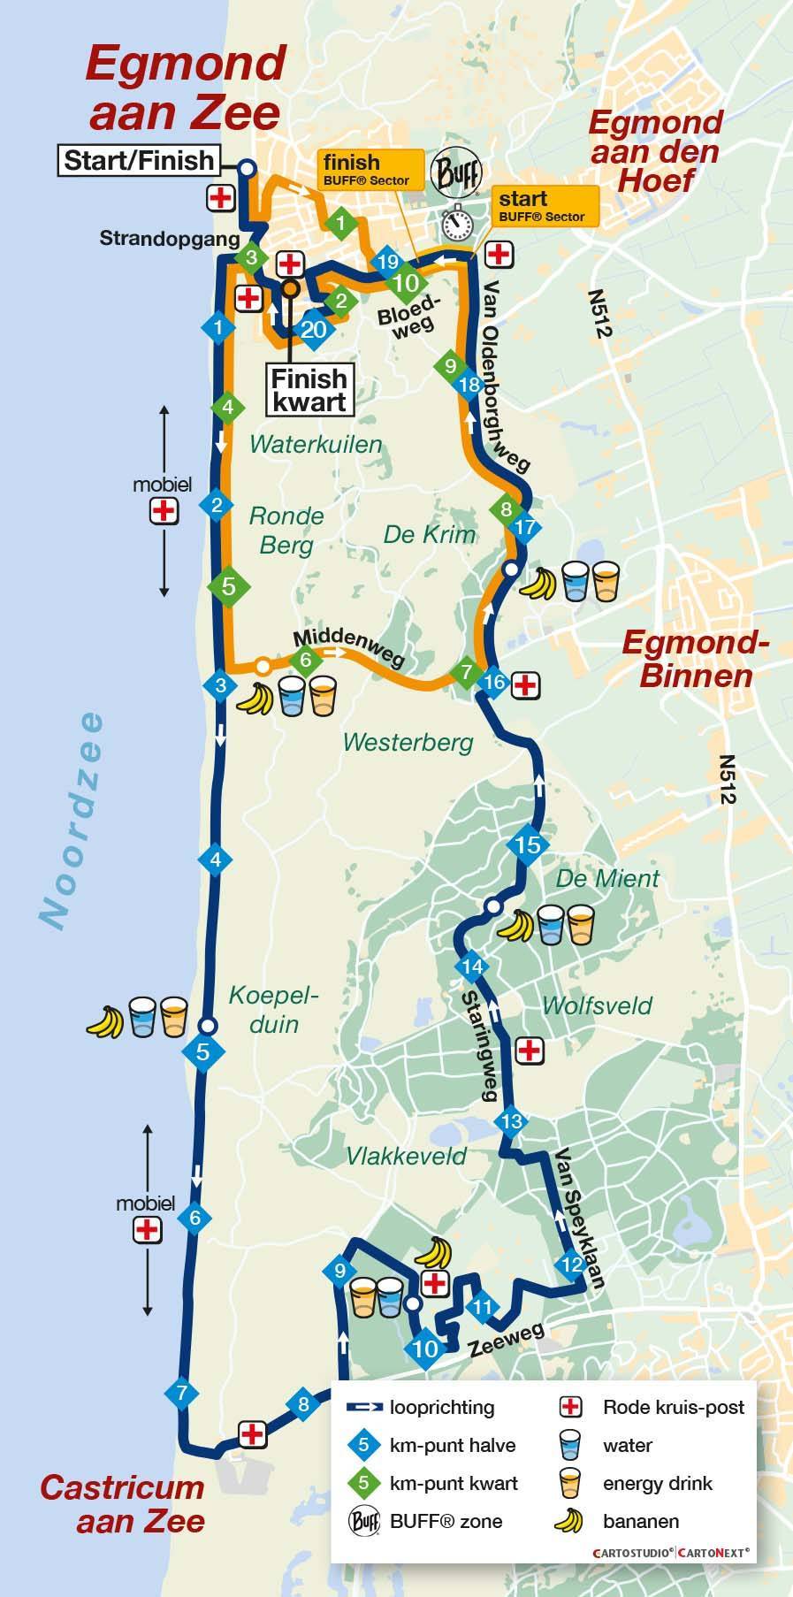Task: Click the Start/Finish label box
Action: point(140,161)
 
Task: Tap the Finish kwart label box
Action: point(309,390)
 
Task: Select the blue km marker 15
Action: point(528,844)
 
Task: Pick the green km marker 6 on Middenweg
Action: point(306,659)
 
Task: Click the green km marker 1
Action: point(340,224)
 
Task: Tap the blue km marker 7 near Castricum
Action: point(182,1393)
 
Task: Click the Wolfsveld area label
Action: point(598,1005)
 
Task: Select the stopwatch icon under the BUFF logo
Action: point(457,223)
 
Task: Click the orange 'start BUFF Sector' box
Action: point(541,205)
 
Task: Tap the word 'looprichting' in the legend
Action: point(442,1408)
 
